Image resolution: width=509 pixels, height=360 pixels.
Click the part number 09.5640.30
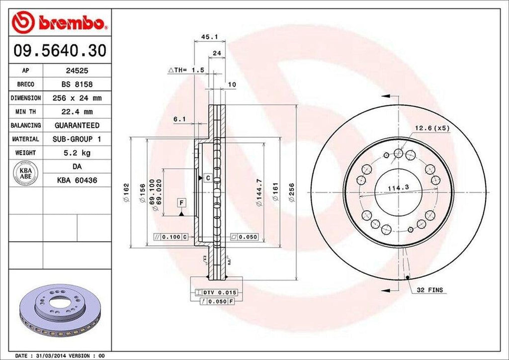point(59,50)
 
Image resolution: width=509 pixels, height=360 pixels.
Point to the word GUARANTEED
point(77,125)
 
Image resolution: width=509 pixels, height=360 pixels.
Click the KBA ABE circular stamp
point(25,173)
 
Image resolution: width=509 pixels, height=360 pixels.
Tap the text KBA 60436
point(77,180)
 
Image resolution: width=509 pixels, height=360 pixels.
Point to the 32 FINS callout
point(429,289)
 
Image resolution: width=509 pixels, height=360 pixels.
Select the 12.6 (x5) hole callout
point(432,128)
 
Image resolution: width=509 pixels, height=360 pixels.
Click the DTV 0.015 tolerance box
point(214,292)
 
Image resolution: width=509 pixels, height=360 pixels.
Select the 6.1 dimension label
point(179,119)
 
